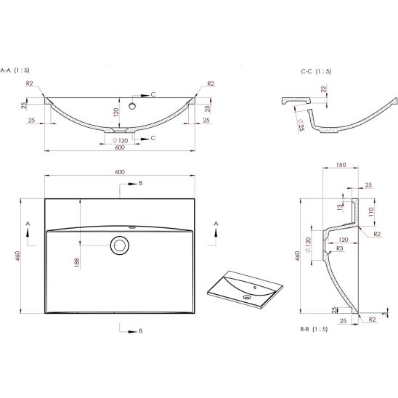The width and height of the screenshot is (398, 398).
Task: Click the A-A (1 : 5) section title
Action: coord(15,70)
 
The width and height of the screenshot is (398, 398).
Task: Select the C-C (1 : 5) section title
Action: coord(316,71)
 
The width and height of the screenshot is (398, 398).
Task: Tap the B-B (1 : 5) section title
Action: coord(314,329)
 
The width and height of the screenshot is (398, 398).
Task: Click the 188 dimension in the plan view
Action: coord(77,262)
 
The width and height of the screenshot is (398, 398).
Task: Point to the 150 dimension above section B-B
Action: coord(341,165)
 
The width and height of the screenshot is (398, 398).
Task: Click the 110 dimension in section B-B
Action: coord(371,211)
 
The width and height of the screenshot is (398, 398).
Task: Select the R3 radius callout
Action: coord(340,248)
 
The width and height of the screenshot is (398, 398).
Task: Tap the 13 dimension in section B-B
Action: coord(340,208)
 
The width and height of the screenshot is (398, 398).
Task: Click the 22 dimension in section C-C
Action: coord(323,89)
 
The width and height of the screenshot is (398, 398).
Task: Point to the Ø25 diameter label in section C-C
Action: coord(301,125)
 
